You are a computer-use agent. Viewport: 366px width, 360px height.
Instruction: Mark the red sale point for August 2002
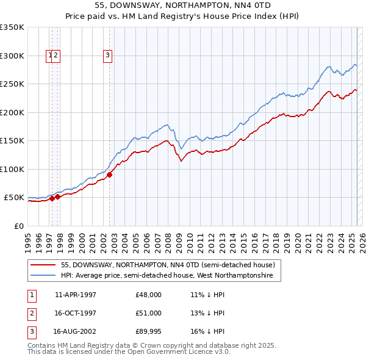click(x=110, y=175)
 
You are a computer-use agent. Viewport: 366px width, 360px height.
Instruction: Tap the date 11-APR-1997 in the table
click(x=76, y=295)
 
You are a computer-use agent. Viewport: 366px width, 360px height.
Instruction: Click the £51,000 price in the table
click(x=148, y=313)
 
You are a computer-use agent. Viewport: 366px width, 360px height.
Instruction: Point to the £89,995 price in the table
click(x=148, y=332)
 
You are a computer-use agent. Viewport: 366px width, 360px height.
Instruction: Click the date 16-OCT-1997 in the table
click(x=76, y=313)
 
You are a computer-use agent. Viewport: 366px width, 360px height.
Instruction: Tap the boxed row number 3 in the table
click(x=31, y=332)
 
